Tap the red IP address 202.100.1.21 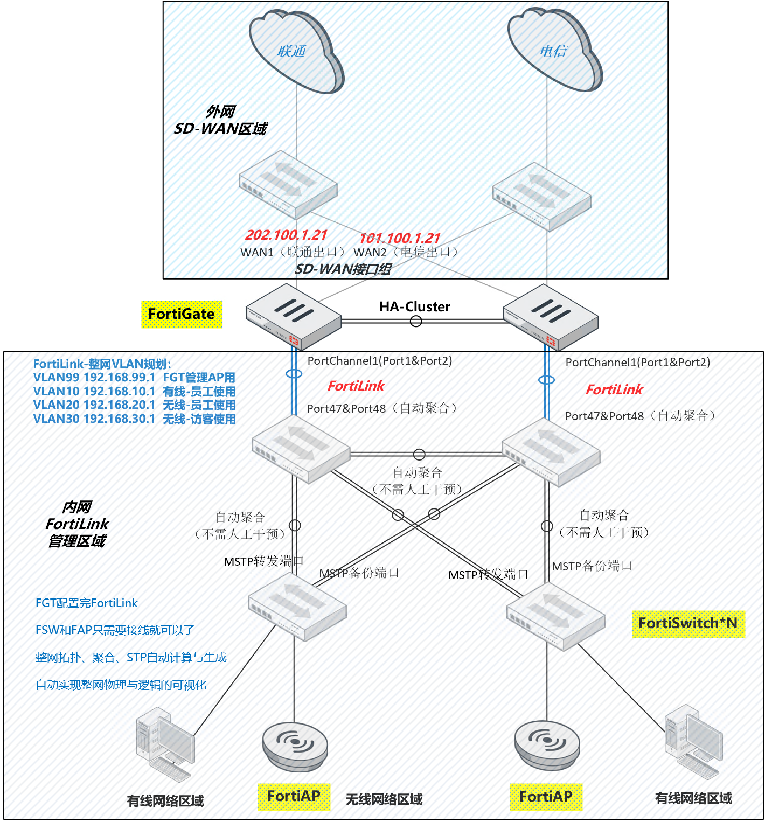click(x=286, y=235)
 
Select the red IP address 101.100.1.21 click(x=400, y=238)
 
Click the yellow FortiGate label click(x=182, y=314)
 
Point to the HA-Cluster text click(x=414, y=306)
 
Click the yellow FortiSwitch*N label click(x=688, y=623)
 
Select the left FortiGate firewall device click(x=294, y=318)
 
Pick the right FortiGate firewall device click(x=550, y=318)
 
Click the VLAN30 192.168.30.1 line click(x=134, y=419)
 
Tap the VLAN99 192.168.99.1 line click(x=134, y=377)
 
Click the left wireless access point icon click(x=295, y=746)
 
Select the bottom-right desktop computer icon click(x=693, y=741)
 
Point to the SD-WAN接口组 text click(x=343, y=269)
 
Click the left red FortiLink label click(x=356, y=386)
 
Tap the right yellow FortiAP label click(x=546, y=796)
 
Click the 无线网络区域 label click(x=384, y=799)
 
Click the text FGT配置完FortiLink click(x=86, y=603)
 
